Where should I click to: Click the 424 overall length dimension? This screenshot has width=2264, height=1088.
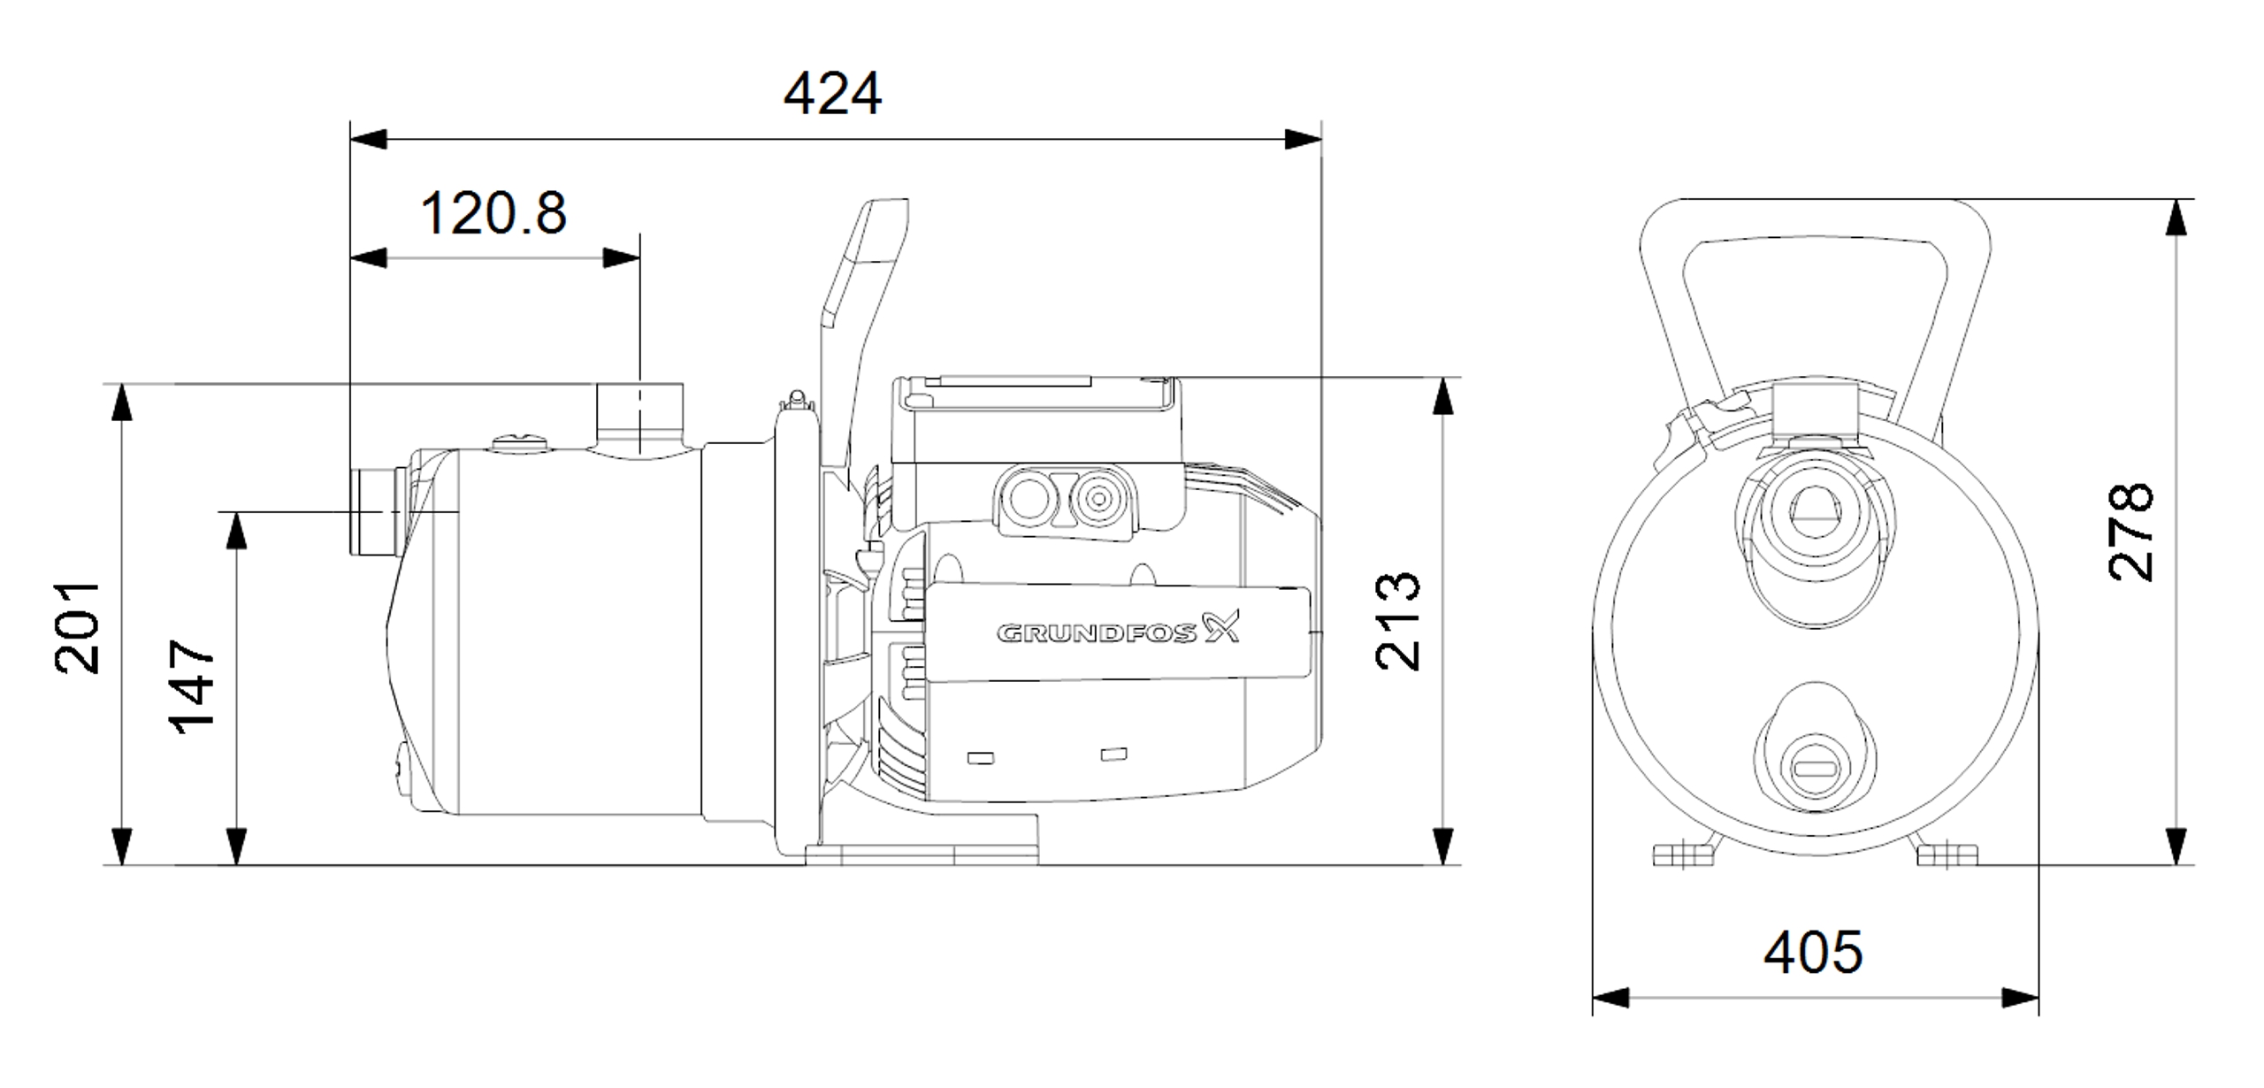pyautogui.click(x=832, y=94)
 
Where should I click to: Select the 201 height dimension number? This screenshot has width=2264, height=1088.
pyautogui.click(x=79, y=627)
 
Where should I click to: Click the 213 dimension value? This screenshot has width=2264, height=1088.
pyautogui.click(x=1397, y=621)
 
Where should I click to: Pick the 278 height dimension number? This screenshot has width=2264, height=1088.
pyautogui.click(x=2130, y=531)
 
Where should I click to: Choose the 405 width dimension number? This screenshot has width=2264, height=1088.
pyautogui.click(x=1813, y=953)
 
